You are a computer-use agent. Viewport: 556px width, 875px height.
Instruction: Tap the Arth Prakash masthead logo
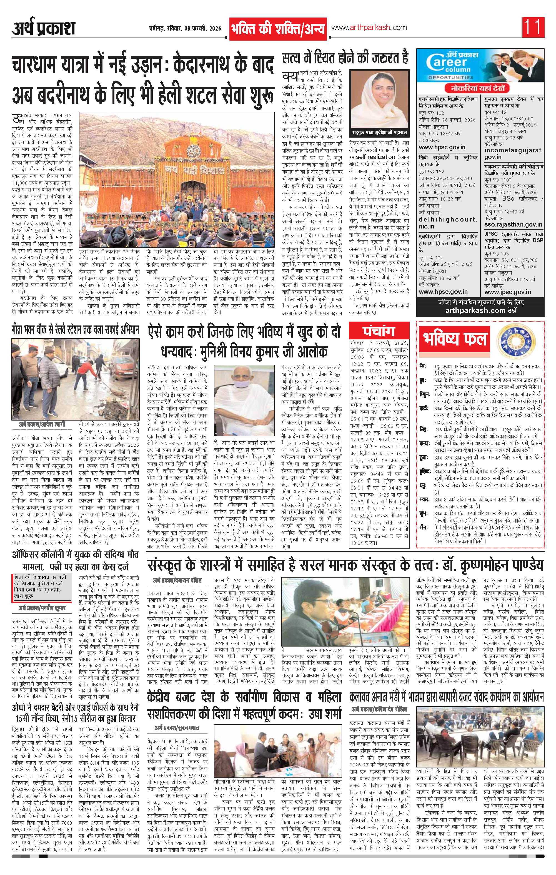click(44, 28)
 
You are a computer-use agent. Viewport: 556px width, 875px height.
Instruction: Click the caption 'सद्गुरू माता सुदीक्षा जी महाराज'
click(379, 133)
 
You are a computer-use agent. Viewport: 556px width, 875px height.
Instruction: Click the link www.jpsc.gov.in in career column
click(507, 292)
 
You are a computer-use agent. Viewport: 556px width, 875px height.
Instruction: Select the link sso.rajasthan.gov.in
click(513, 225)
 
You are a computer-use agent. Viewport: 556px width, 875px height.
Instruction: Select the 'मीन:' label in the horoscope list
click(423, 526)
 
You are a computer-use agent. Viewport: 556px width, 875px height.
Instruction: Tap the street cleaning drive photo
click(76, 379)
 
